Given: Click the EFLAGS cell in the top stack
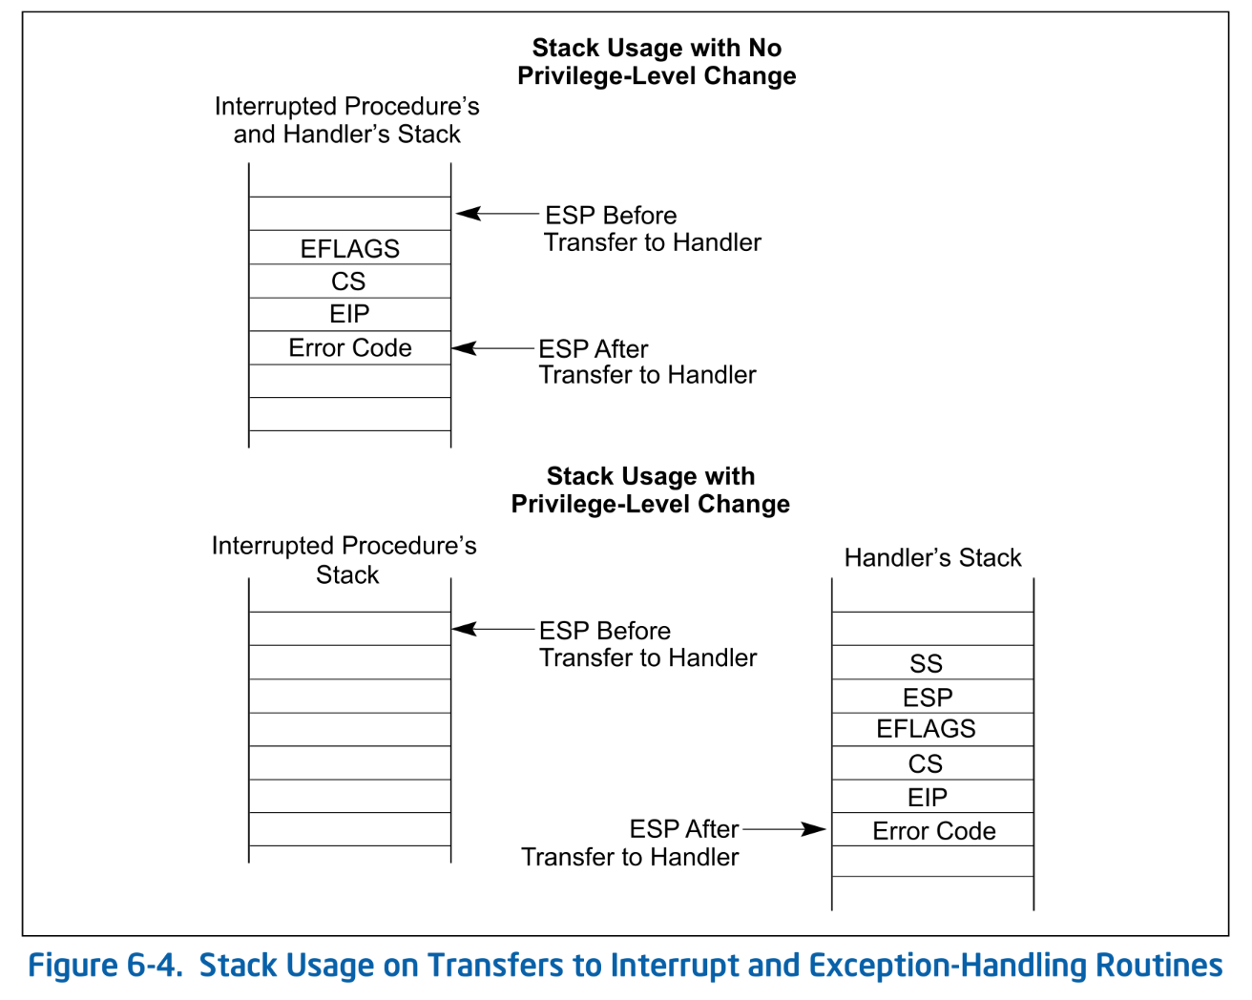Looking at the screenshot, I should (349, 248).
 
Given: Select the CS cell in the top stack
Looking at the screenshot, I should (349, 281).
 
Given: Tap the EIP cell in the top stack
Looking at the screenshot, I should (349, 314).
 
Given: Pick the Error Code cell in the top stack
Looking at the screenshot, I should (349, 348).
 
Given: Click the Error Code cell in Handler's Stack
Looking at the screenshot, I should (932, 831).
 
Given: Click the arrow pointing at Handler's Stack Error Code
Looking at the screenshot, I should (784, 829).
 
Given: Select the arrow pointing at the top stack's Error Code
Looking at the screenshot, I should (493, 348).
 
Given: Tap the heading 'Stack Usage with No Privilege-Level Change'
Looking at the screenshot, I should (657, 62).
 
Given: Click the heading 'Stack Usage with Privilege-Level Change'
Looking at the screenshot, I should (651, 490).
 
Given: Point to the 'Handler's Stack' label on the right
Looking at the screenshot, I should (932, 557).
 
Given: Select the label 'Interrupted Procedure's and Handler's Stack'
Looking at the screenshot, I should (346, 120).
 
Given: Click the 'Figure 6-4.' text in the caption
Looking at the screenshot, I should (105, 966).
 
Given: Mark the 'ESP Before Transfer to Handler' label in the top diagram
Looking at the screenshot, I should (652, 229).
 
